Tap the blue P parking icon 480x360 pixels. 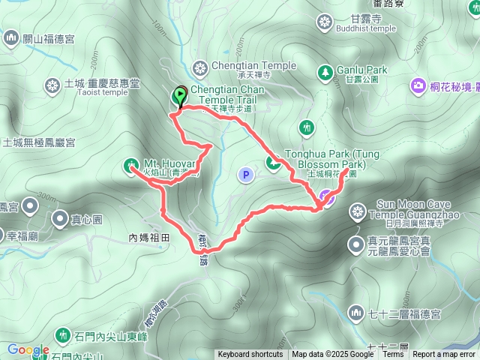click(x=245, y=175)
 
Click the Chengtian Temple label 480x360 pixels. click(x=244, y=66)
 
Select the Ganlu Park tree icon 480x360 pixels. click(x=325, y=72)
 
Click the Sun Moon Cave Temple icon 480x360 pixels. click(x=358, y=210)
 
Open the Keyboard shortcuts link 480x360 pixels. click(x=250, y=355)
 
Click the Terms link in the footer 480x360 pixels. click(x=393, y=355)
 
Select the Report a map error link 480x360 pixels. click(x=444, y=355)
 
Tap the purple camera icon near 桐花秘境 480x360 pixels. click(x=418, y=87)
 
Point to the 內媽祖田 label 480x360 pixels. click(x=150, y=238)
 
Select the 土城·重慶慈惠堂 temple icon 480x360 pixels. click(x=52, y=85)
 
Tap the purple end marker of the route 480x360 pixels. click(x=326, y=197)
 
